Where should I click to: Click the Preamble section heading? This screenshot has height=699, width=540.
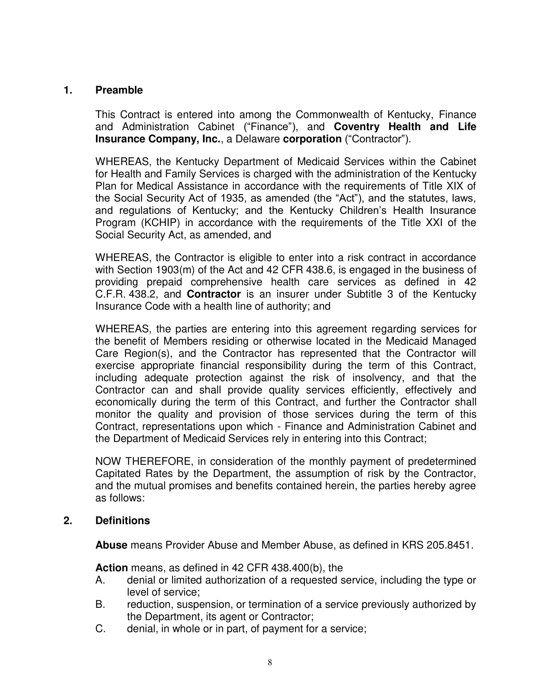coord(119,90)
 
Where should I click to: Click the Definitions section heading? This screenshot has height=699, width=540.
coord(123,521)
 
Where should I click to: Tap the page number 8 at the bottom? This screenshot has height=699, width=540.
coord(270,662)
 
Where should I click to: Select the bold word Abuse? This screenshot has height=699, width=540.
coord(111,545)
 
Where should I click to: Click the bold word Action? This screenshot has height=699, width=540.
coord(111,568)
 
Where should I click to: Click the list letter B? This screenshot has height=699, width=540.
coord(100,604)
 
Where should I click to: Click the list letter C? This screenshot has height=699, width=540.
coord(100,628)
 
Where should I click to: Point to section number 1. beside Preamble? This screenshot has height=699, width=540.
coord(68,90)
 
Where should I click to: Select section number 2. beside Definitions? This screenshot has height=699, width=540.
coord(68,521)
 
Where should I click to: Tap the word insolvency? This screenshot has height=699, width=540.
coord(378,378)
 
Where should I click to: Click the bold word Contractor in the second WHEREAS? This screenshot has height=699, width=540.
coord(213,294)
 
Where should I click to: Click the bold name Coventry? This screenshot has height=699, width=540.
coord(356,127)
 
